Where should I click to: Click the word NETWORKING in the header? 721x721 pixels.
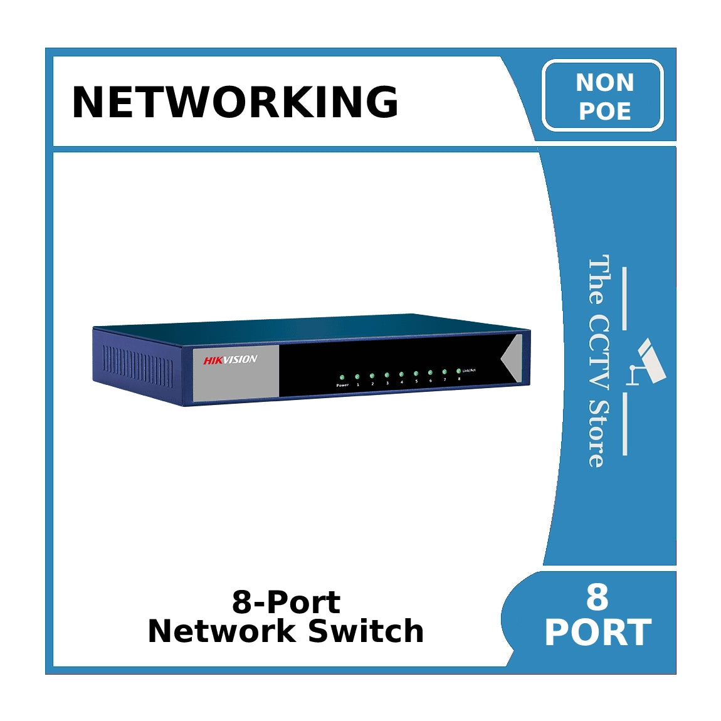[x=235, y=102]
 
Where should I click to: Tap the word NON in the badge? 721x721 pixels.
[x=604, y=83]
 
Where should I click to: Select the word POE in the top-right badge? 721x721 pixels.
[x=604, y=111]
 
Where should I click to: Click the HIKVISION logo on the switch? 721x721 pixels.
[x=230, y=359]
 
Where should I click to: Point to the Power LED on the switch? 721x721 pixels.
[x=342, y=377]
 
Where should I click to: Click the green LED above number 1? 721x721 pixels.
[x=357, y=377]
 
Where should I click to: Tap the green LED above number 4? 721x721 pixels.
[x=401, y=374]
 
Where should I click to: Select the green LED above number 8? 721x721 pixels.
[x=459, y=371]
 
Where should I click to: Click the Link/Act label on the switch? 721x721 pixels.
[x=469, y=371]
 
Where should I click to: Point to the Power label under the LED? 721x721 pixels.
[x=342, y=385]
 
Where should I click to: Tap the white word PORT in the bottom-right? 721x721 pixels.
[x=597, y=633]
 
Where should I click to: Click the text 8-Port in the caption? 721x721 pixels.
[x=286, y=603]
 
